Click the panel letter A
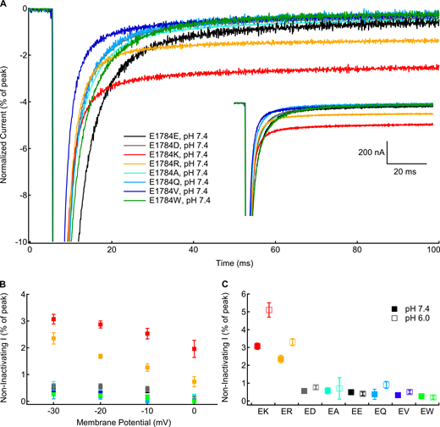(x=5, y=5)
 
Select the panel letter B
(x=5, y=286)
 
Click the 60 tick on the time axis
(x=274, y=251)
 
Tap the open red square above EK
(x=269, y=311)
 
